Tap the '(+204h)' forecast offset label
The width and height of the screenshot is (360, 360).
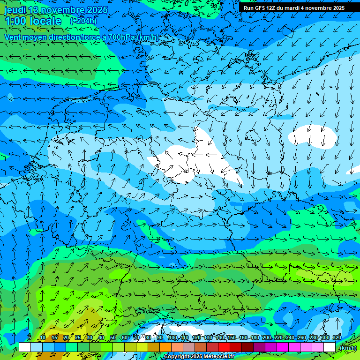click(83, 21)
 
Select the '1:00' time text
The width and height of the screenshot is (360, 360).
click(15, 21)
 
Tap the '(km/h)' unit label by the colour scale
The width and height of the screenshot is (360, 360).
click(348, 348)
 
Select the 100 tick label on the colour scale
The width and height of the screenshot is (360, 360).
click(172, 338)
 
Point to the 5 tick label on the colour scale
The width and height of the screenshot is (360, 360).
click(30, 338)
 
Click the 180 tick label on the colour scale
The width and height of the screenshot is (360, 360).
click(255, 338)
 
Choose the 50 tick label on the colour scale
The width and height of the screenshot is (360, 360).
click(113, 338)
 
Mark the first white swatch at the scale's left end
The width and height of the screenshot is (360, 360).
click(24, 347)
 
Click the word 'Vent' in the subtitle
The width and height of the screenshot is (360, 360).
click(14, 37)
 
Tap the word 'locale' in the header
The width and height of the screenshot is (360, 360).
click(45, 21)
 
